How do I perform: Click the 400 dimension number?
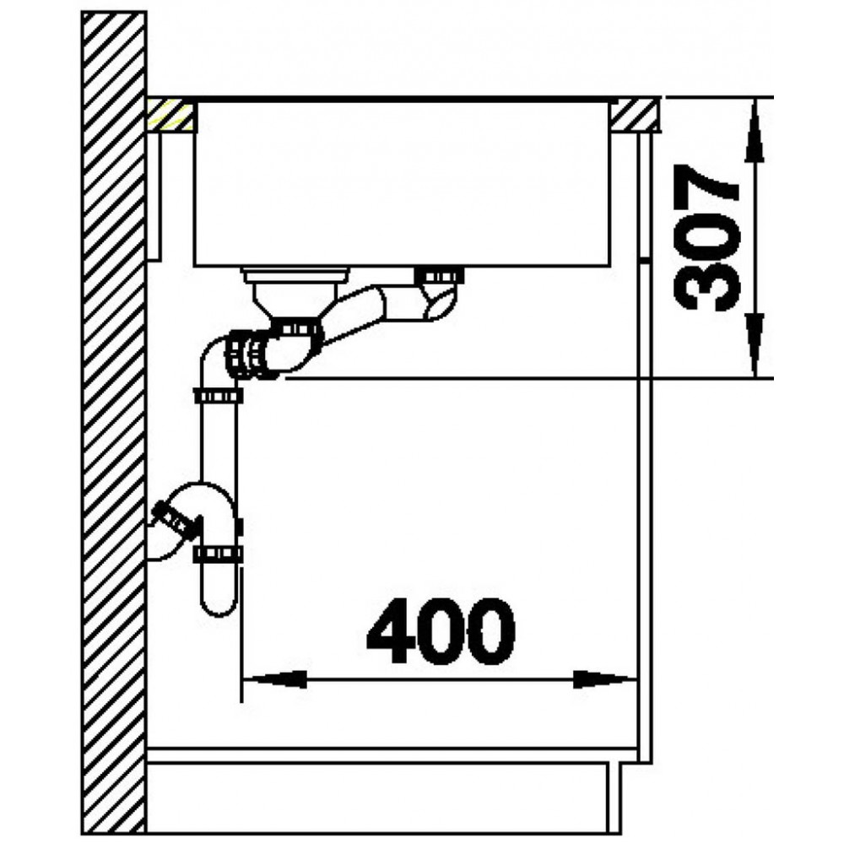coord(441,630)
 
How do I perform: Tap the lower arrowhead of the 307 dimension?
coord(755,345)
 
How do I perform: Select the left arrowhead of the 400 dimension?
coord(275,679)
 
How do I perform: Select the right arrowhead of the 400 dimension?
coord(605,679)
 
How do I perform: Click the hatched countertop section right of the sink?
coord(635,114)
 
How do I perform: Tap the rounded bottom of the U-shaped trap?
coord(218,605)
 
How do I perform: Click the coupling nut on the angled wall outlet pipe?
coord(173,519)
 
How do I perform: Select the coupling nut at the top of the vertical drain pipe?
coord(218,397)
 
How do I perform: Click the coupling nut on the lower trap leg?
coord(218,554)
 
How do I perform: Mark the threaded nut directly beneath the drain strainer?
coord(296,328)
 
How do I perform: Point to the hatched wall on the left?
coord(114,423)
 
